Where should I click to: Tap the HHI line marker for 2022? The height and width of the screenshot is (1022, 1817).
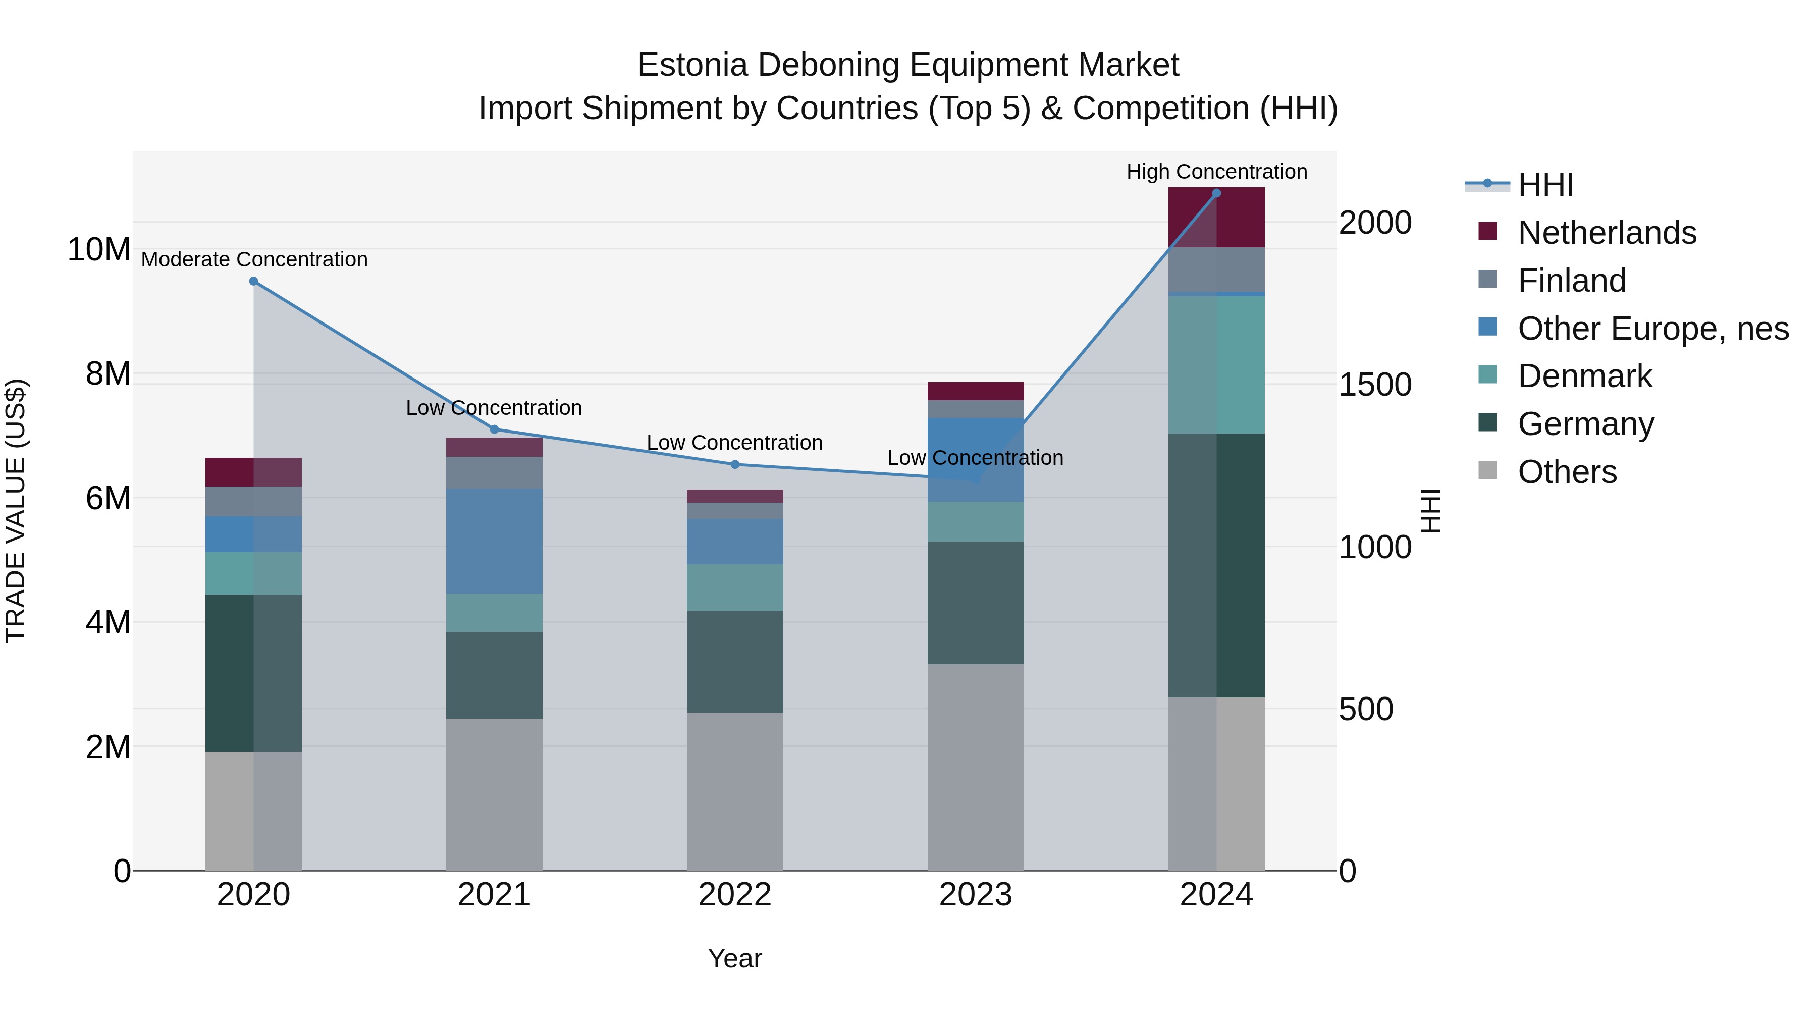[734, 464]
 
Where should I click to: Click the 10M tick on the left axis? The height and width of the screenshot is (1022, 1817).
[99, 250]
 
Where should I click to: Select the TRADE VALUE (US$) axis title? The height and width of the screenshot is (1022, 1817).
[16, 511]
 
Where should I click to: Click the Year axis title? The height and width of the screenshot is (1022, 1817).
[734, 958]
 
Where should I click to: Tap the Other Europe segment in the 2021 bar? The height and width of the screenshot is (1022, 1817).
[494, 541]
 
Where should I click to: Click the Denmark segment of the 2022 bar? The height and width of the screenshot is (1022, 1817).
[734, 587]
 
